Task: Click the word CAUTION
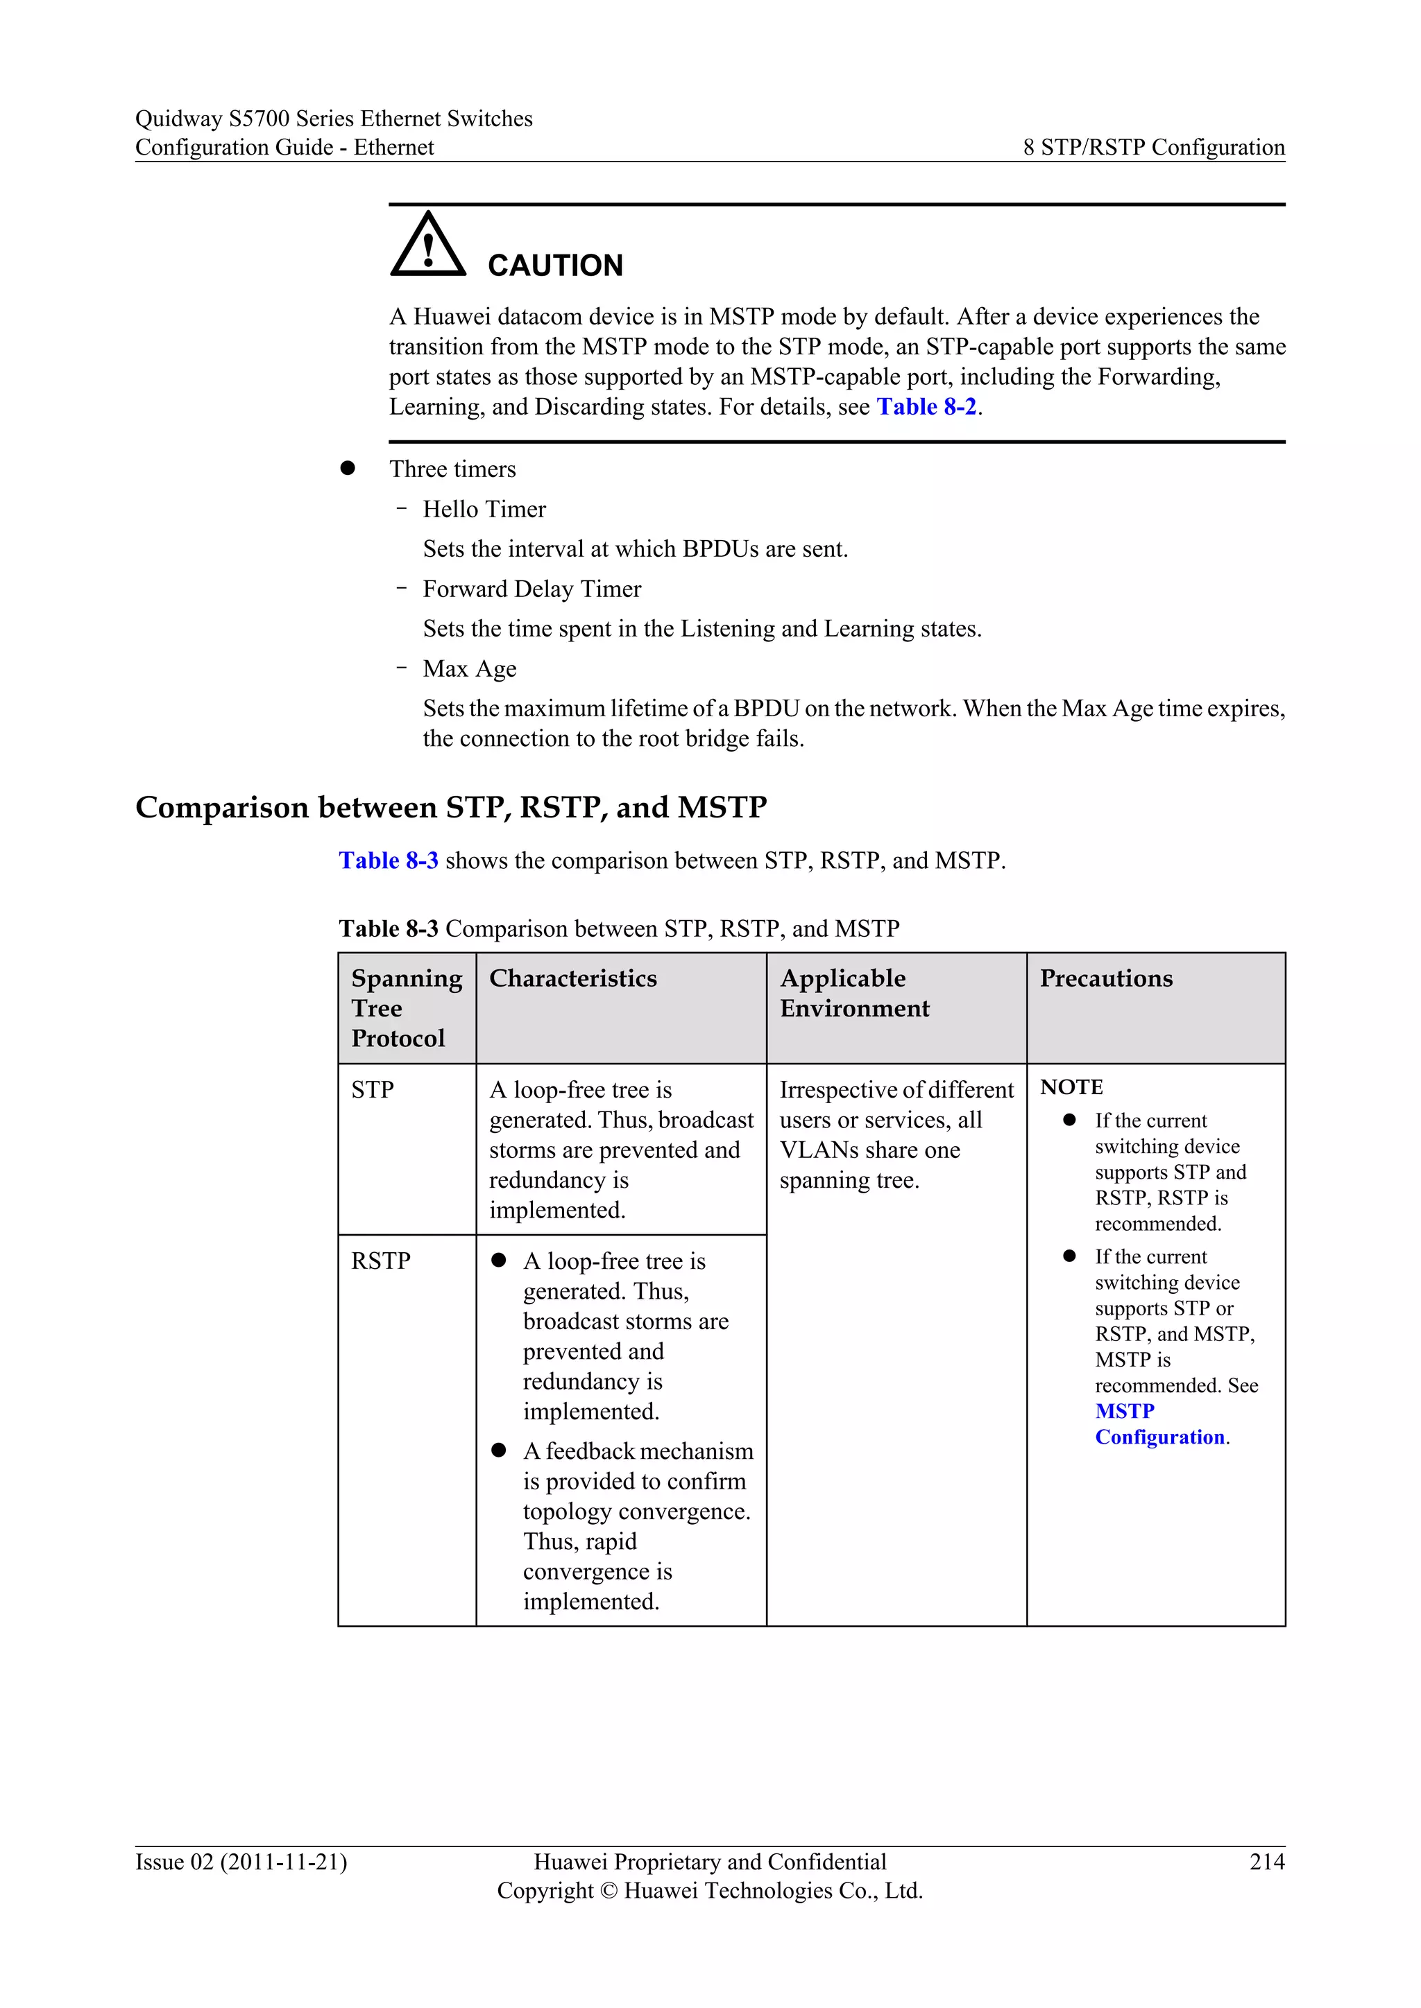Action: pos(555,266)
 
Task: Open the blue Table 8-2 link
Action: pos(926,407)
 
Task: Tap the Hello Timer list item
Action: pos(484,509)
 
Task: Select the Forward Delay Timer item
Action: pos(531,589)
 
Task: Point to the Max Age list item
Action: pos(469,668)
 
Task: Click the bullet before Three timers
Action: pos(348,469)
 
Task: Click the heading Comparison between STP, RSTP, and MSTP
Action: pos(450,806)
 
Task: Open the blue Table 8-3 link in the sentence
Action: pos(389,860)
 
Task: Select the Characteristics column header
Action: pos(572,978)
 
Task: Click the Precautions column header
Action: pos(1105,978)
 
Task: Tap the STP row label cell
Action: pos(373,1090)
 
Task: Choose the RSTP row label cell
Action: pos(381,1261)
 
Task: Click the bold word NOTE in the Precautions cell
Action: pos(1071,1087)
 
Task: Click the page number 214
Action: pos(1266,1862)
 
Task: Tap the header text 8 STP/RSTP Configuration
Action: pos(1153,147)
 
